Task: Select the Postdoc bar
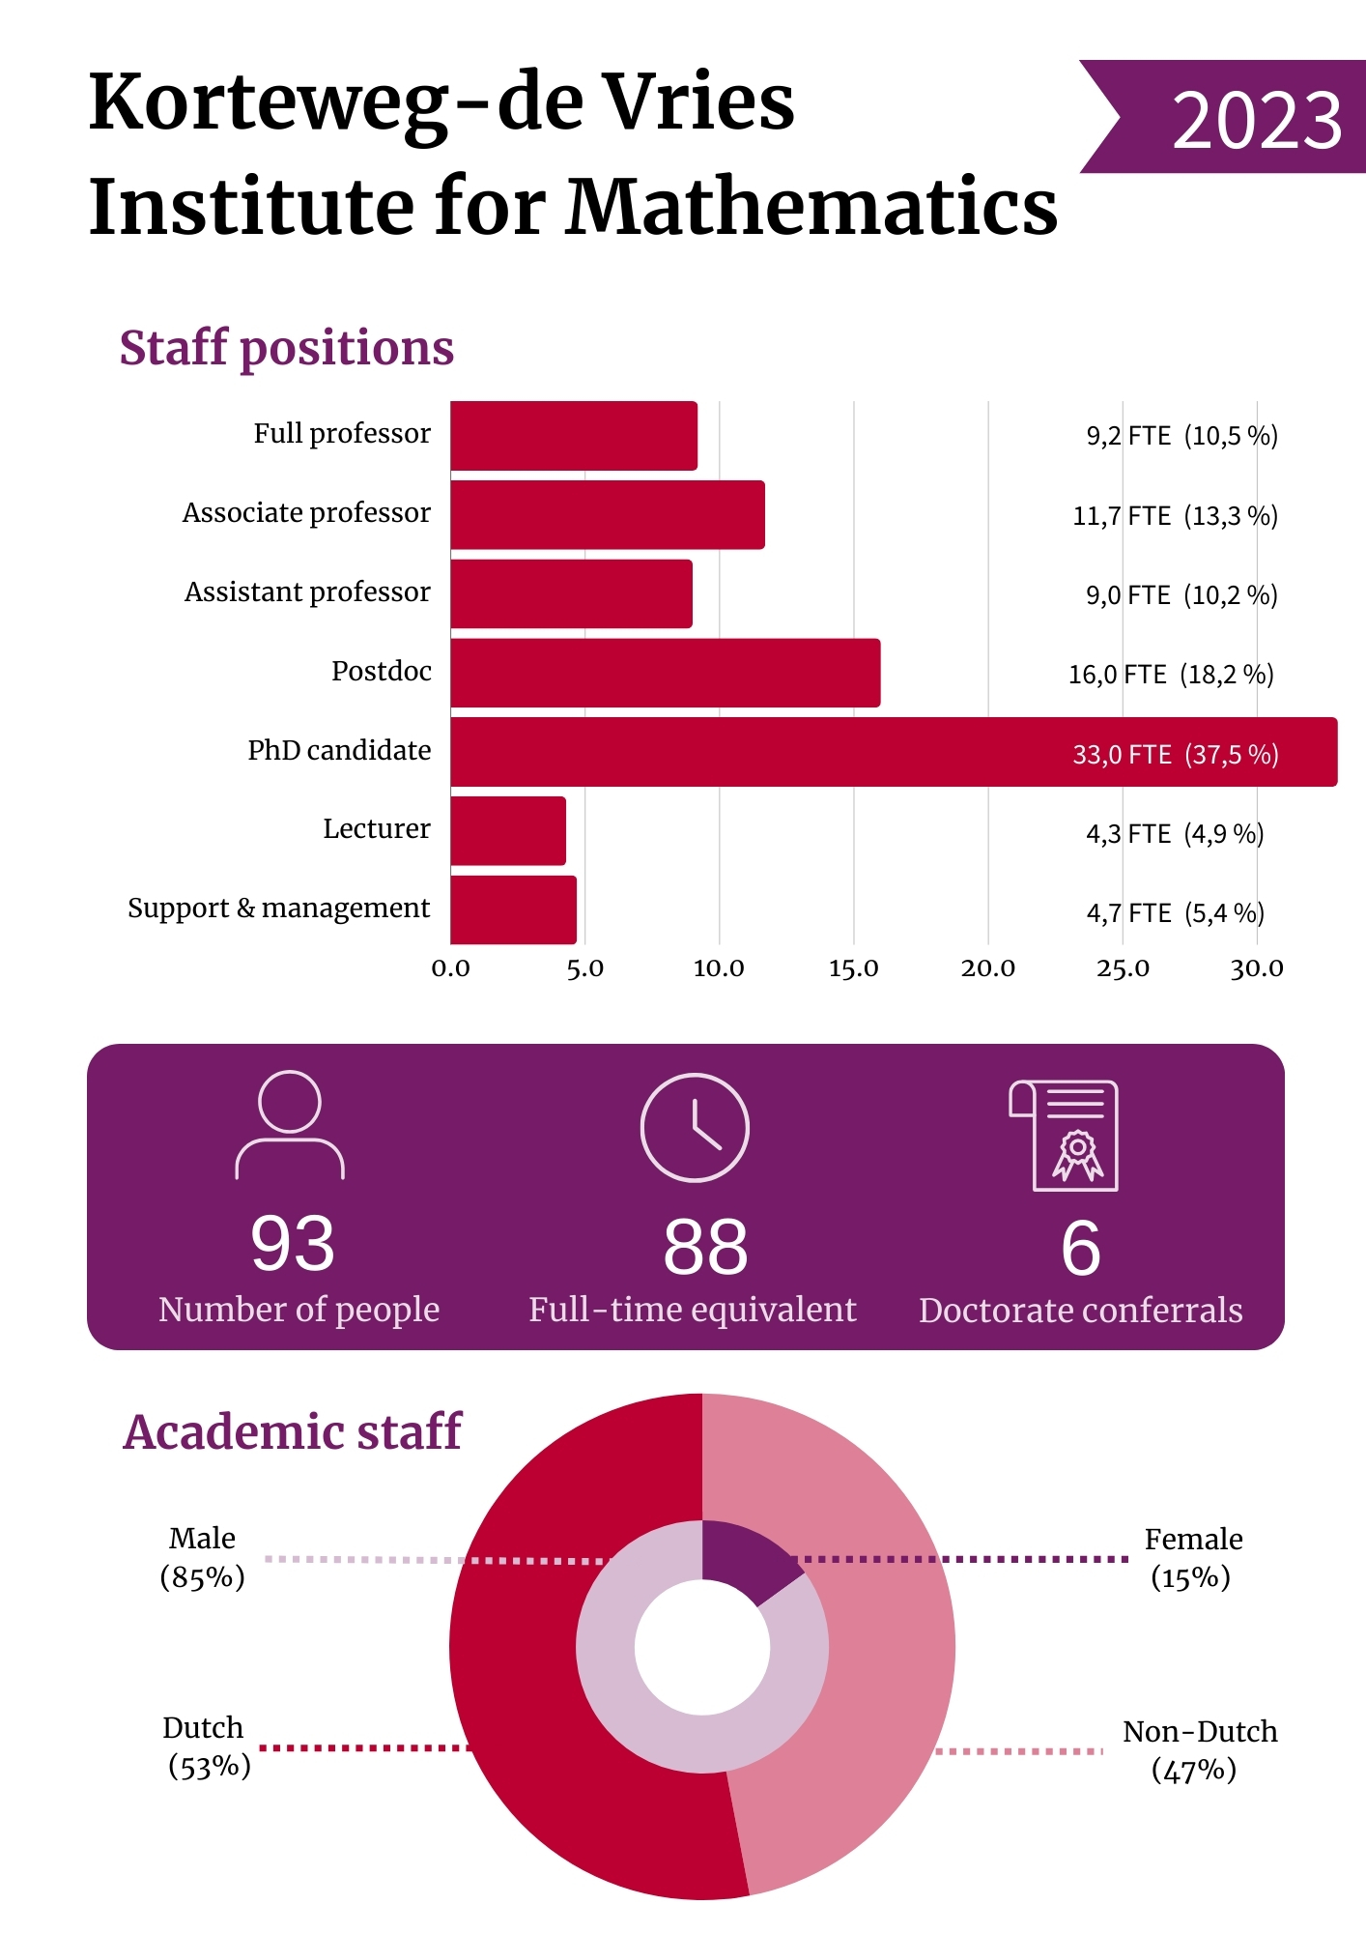click(x=665, y=673)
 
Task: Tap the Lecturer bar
click(x=508, y=831)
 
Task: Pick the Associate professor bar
click(x=607, y=514)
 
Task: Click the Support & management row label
click(x=278, y=909)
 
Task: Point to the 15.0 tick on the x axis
click(x=853, y=968)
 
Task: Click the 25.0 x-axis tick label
click(x=1123, y=968)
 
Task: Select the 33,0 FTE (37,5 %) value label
click(x=1175, y=754)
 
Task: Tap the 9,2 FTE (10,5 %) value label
click(x=1181, y=436)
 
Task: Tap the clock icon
click(x=695, y=1127)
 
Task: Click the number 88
click(x=705, y=1247)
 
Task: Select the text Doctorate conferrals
click(x=1080, y=1311)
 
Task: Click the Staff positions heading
click(x=286, y=348)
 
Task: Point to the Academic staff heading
click(x=292, y=1432)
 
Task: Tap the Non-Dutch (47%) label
click(x=1198, y=1750)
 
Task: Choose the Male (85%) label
click(x=202, y=1557)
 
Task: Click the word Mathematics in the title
click(x=811, y=207)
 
